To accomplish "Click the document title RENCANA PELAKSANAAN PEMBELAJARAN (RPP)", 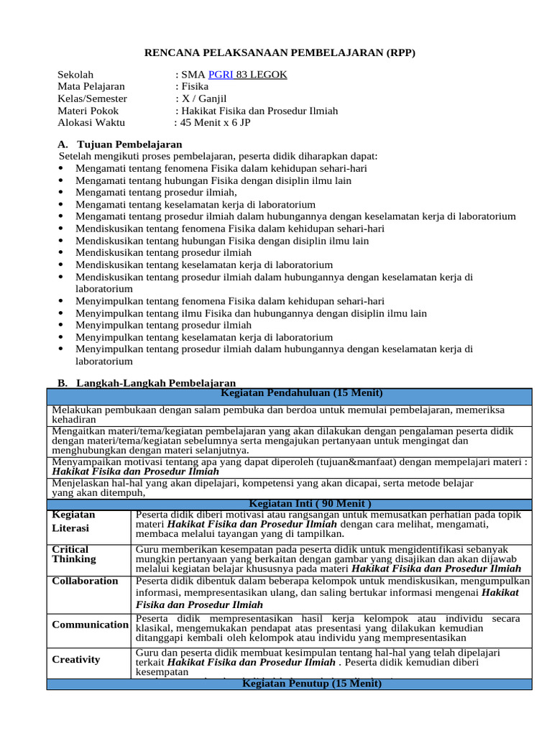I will (x=280, y=53).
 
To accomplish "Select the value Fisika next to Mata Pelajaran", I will (x=194, y=87).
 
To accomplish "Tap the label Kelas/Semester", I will (x=92, y=98).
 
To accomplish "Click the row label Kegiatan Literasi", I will (x=74, y=521).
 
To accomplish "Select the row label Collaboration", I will (x=86, y=581).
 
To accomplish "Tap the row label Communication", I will (x=90, y=625).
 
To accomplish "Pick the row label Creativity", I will (x=76, y=659).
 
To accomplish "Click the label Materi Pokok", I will (x=88, y=111).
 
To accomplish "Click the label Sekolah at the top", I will (x=75, y=75).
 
